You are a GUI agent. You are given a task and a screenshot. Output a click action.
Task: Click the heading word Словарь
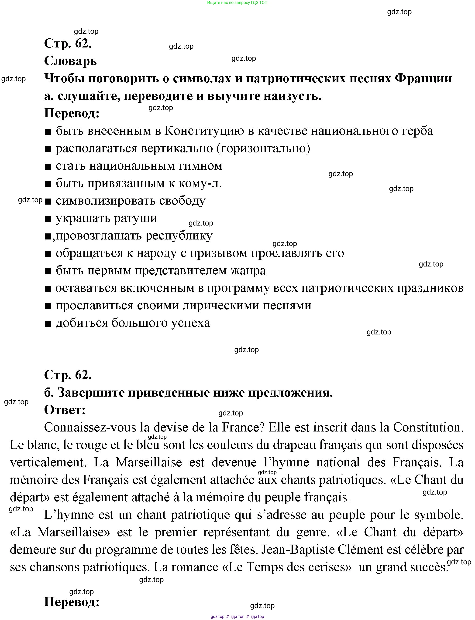(x=70, y=61)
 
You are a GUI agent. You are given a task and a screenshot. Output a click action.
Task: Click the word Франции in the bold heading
(x=423, y=78)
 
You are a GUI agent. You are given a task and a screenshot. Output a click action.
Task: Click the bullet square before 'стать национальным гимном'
(x=48, y=167)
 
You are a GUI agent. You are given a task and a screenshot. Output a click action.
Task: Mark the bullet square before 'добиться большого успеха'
(x=48, y=323)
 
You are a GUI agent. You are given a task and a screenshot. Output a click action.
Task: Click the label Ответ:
(x=65, y=410)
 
